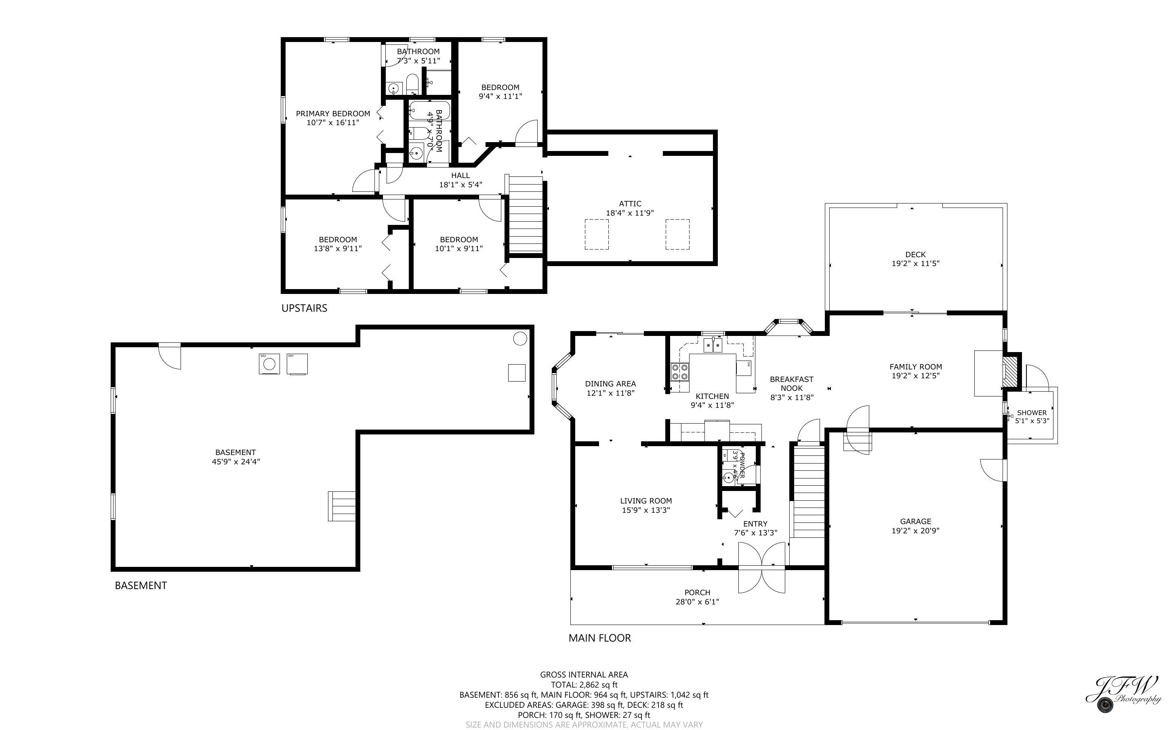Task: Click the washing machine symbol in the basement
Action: point(269,364)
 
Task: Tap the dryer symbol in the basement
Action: point(297,364)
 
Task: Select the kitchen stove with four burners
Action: point(680,372)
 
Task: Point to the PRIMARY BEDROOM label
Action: point(333,113)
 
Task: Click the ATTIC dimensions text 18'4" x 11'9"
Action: point(630,213)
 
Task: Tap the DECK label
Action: point(915,254)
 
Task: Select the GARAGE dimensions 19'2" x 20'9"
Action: point(915,531)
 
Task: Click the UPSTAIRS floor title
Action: point(304,308)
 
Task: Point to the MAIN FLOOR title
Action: point(599,638)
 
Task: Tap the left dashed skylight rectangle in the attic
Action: point(596,234)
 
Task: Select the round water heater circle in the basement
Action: point(519,338)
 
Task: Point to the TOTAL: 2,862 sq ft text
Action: point(584,685)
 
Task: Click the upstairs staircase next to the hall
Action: point(526,215)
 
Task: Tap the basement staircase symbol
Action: point(342,506)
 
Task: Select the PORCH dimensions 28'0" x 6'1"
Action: point(697,602)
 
